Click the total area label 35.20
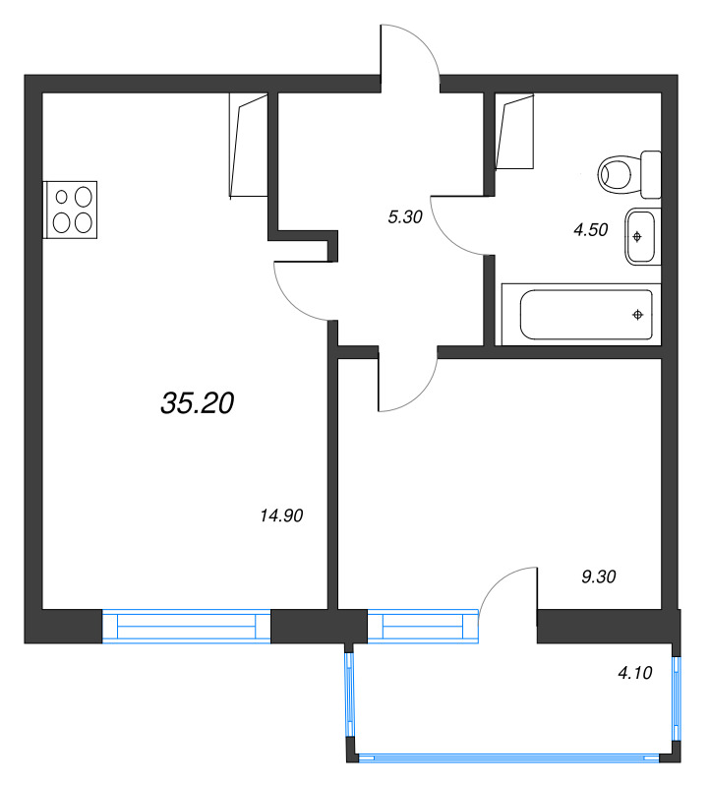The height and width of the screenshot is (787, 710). click(198, 403)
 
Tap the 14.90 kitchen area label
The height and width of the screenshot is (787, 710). click(281, 515)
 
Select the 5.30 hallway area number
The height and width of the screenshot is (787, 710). click(405, 216)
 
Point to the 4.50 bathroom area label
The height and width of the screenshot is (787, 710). click(591, 229)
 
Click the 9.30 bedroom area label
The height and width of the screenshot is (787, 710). click(599, 576)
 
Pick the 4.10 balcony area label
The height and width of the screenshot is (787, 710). click(634, 673)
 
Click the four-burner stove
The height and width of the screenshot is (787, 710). click(70, 210)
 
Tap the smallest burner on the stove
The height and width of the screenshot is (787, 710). click(62, 198)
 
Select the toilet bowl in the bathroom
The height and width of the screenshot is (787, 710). click(620, 174)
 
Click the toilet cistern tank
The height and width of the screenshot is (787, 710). click(651, 174)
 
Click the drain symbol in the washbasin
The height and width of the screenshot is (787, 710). click(637, 237)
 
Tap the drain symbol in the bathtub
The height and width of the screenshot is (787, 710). click(638, 315)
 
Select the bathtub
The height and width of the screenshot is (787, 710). click(581, 314)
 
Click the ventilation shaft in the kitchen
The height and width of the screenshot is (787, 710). click(249, 145)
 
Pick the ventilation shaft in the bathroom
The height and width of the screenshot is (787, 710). click(514, 132)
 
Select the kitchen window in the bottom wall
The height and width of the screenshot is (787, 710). click(187, 626)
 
